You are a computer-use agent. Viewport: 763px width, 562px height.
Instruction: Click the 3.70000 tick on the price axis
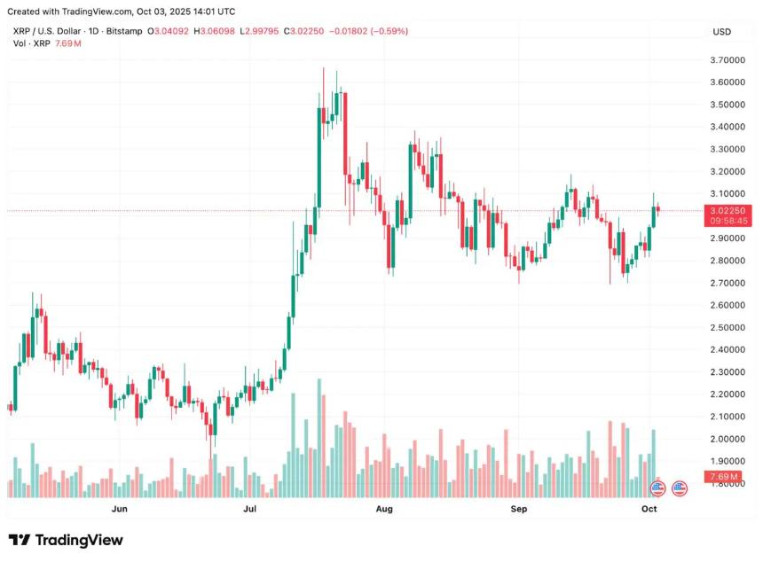pos(727,60)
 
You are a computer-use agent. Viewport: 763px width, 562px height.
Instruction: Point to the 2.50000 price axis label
pos(727,327)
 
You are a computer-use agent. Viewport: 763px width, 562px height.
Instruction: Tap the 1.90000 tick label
pos(727,461)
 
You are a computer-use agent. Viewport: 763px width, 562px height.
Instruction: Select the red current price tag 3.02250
pos(726,211)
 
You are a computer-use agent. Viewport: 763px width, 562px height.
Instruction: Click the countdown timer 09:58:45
pos(726,221)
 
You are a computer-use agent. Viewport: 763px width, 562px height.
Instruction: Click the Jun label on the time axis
pos(121,509)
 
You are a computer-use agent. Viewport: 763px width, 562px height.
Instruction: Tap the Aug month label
pos(384,509)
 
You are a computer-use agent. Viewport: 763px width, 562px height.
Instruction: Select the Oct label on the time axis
pos(649,509)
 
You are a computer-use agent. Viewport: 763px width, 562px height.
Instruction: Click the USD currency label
pos(721,32)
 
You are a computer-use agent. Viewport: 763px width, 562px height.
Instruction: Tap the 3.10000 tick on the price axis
pos(727,193)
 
